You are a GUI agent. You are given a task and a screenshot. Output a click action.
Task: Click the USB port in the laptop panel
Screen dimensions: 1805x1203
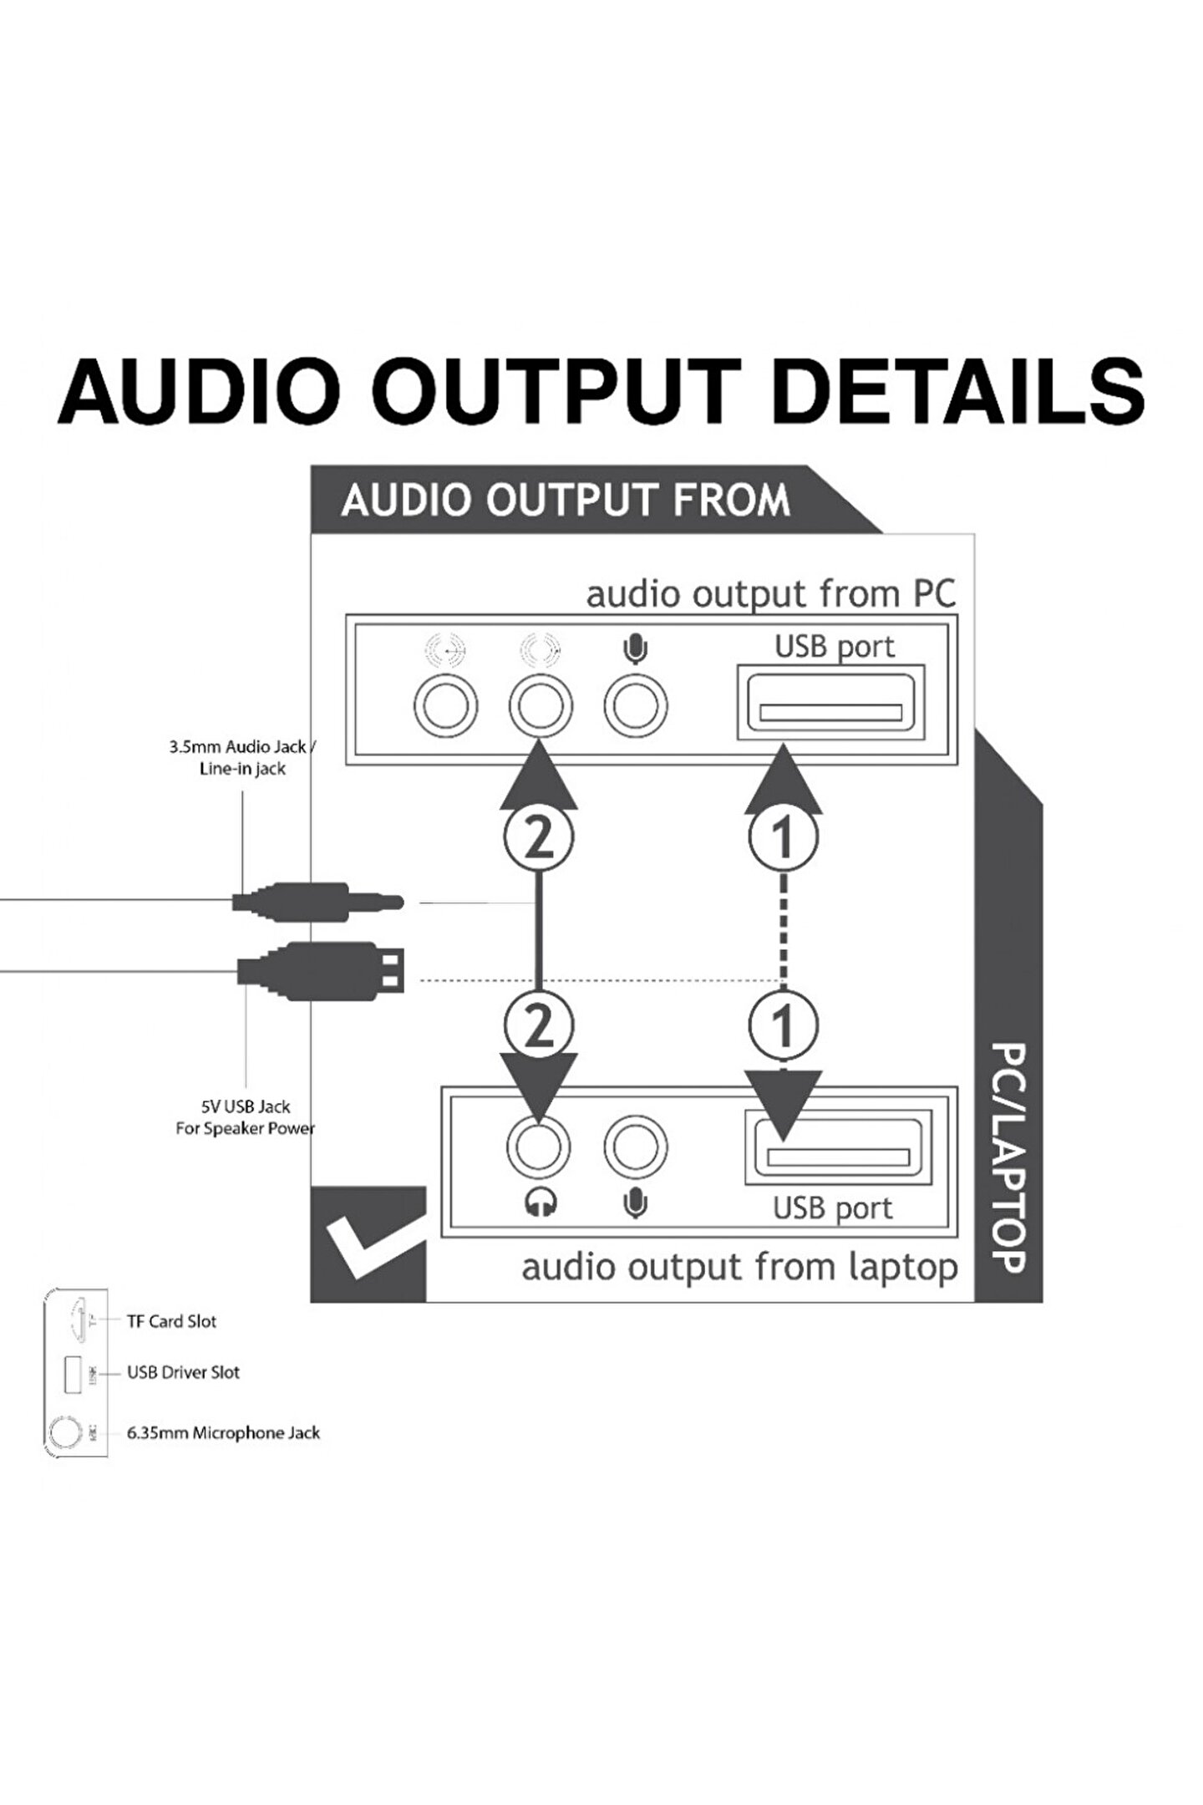pyautogui.click(x=838, y=1147)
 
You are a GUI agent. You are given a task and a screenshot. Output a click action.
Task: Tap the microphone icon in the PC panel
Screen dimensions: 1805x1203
pyautogui.click(x=637, y=648)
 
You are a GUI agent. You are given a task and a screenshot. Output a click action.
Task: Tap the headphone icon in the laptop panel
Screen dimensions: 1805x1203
pyautogui.click(x=541, y=1203)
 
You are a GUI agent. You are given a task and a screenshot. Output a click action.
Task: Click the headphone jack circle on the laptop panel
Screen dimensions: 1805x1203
pyautogui.click(x=539, y=1146)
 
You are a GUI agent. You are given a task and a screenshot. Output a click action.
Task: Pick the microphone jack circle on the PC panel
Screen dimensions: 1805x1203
pyautogui.click(x=636, y=706)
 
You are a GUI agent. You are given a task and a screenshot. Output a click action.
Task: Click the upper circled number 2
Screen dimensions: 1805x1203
pyautogui.click(x=539, y=836)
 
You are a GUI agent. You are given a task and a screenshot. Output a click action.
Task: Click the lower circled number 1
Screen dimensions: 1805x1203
pyautogui.click(x=782, y=1025)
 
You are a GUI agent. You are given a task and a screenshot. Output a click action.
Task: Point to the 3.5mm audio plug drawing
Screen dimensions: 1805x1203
pyautogui.click(x=317, y=902)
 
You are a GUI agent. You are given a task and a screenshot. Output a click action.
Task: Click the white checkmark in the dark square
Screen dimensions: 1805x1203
pyautogui.click(x=368, y=1244)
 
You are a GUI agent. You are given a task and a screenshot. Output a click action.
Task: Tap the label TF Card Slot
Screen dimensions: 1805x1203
pyautogui.click(x=171, y=1321)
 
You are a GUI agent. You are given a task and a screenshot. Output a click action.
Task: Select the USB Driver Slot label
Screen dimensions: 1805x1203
pyautogui.click(x=183, y=1372)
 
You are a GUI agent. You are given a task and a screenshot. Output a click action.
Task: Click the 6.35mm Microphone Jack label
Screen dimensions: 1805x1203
pyautogui.click(x=223, y=1433)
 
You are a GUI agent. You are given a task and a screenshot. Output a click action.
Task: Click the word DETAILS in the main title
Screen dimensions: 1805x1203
pyautogui.click(x=957, y=391)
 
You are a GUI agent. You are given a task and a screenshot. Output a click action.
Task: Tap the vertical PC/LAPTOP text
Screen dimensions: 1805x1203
pyautogui.click(x=1008, y=1157)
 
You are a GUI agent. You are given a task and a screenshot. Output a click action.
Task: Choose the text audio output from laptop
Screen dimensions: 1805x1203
pyautogui.click(x=739, y=1268)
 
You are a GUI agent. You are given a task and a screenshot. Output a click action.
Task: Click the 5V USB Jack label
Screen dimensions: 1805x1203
pyautogui.click(x=245, y=1117)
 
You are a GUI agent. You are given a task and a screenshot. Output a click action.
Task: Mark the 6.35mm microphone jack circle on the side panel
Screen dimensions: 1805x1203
pyautogui.click(x=61, y=1432)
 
